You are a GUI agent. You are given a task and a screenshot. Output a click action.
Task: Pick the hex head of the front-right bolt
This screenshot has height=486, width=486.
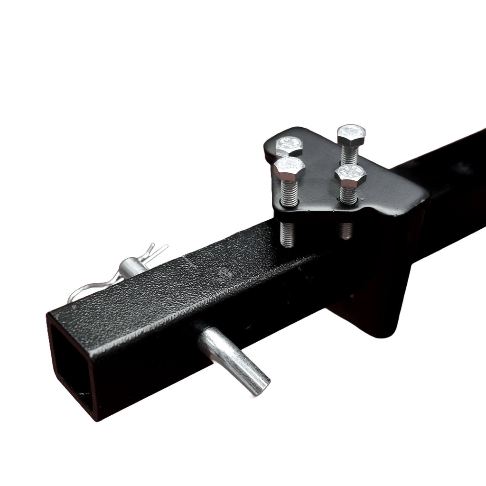coord(350,175)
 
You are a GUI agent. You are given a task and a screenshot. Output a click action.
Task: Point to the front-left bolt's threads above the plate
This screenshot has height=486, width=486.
coord(289,193)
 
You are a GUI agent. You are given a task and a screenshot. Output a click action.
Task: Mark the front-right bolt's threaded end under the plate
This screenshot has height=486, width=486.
coord(346,230)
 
